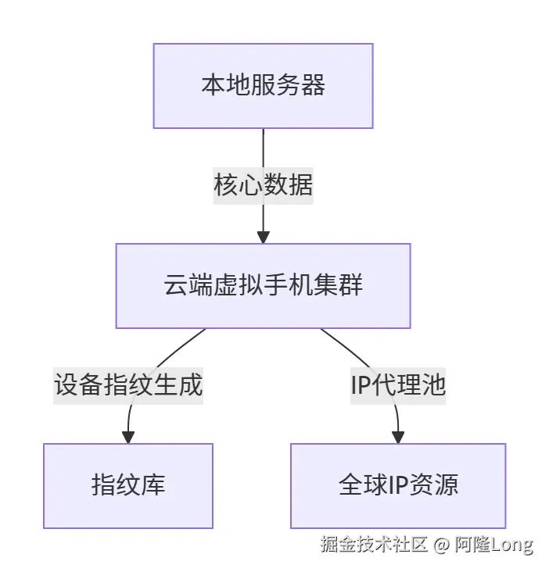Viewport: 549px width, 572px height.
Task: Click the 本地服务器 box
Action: pos(263,85)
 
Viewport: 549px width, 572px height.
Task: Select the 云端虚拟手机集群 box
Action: pos(263,285)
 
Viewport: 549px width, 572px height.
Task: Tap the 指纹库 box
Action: pos(128,485)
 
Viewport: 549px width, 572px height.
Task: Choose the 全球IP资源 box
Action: pos(398,485)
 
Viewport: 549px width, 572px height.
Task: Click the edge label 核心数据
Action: pos(263,185)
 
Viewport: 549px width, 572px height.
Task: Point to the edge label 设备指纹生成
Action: pos(128,385)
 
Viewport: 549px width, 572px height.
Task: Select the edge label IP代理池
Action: pos(398,385)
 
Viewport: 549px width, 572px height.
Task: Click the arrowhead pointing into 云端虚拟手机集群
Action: pos(263,236)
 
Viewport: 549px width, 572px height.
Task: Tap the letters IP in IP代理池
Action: pos(362,385)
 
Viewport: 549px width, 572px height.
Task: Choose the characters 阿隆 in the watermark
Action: pos(472,545)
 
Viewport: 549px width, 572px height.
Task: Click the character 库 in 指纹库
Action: pos(153,485)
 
